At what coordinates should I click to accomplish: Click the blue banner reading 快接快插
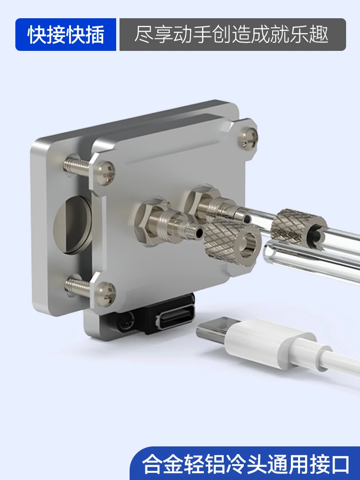[65, 34]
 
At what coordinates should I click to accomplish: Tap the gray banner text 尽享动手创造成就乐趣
[231, 34]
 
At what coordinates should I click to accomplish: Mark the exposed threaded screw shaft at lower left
[78, 286]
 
